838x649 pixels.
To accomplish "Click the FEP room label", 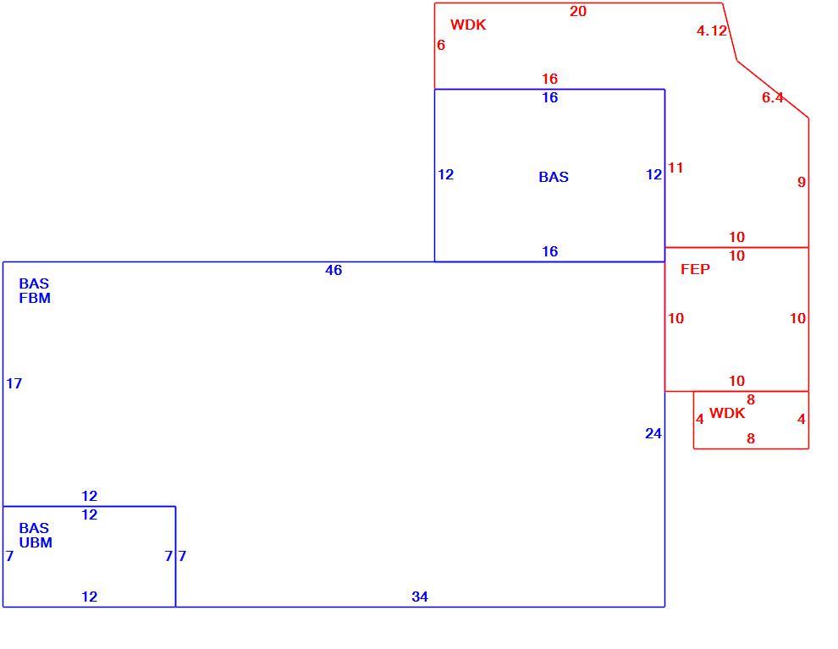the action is pos(695,269).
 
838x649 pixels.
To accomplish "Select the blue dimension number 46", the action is pos(334,270).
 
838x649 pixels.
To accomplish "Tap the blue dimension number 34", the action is pos(420,597).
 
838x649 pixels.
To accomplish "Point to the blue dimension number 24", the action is pos(653,433).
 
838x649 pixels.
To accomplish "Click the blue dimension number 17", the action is pos(14,383).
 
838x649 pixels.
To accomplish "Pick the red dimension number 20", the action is pos(578,11).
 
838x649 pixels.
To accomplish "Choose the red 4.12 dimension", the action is pos(712,30).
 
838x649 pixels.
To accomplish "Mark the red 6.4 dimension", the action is pos(772,97).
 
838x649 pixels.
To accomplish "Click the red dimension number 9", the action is pos(801,182).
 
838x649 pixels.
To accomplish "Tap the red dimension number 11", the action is pos(675,168).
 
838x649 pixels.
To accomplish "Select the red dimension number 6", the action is pos(440,45).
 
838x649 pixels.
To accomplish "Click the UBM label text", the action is pos(36,542).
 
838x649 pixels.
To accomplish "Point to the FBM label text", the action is pos(35,298).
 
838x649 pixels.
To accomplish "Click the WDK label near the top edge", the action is pos(468,25).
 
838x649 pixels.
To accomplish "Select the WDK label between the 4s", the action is pos(727,413).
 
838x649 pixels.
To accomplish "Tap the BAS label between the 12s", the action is pos(554,177).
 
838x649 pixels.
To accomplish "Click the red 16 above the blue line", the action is pos(549,79).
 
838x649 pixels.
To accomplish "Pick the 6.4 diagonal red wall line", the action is pos(773,89).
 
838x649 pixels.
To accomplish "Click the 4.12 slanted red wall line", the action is pos(730,32).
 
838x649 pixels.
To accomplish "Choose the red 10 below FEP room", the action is pos(736,381).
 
